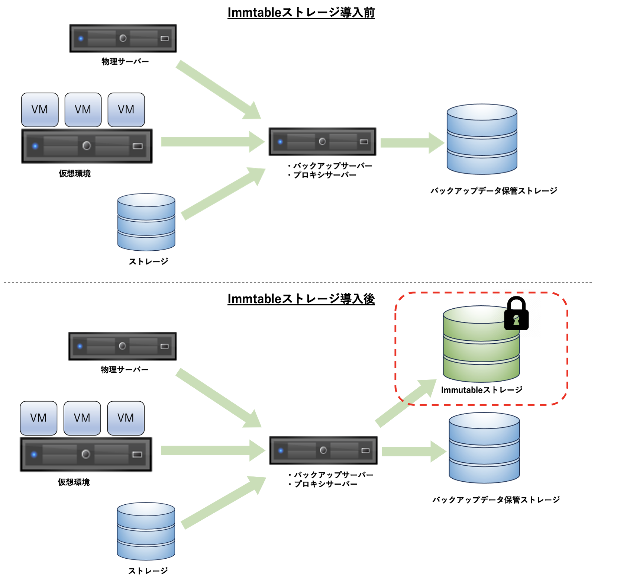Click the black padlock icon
(x=516, y=314)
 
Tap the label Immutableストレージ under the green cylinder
(x=482, y=390)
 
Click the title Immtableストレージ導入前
(x=301, y=13)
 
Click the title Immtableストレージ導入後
(x=301, y=299)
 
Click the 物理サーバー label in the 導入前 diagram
(x=125, y=61)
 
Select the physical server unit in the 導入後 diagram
(x=123, y=346)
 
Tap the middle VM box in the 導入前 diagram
(x=83, y=110)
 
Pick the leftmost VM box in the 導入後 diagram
(x=39, y=418)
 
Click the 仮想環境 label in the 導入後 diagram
(x=74, y=482)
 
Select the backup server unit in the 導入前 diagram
(x=322, y=142)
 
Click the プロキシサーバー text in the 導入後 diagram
(x=326, y=484)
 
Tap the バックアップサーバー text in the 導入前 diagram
(x=332, y=166)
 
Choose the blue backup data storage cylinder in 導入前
(x=482, y=139)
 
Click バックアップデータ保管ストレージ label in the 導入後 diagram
(x=496, y=500)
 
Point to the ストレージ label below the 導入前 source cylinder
(x=148, y=261)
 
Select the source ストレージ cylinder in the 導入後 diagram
(x=146, y=531)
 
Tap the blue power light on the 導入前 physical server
(x=81, y=38)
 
